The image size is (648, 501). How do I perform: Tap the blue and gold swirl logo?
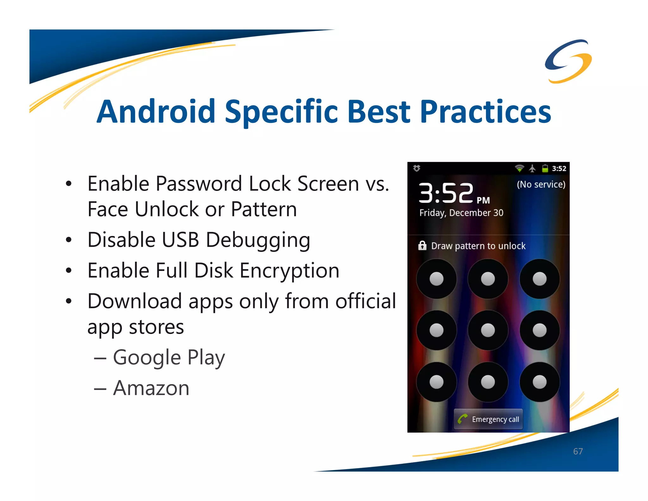568,61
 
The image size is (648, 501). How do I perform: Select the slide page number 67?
578,451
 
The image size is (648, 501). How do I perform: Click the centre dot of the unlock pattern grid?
488,330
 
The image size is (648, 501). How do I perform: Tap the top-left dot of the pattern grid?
436,279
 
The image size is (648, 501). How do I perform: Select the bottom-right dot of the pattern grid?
539,382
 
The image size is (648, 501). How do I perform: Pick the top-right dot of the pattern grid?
539,279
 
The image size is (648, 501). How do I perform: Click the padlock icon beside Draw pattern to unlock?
422,246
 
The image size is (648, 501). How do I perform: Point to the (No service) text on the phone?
541,184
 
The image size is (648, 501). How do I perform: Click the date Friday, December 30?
461,213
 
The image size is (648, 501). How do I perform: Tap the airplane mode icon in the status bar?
533,168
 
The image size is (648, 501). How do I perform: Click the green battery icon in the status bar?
545,168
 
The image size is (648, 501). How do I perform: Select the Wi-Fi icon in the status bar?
519,168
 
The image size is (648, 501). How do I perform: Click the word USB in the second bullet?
180,240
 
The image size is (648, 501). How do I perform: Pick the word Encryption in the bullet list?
289,271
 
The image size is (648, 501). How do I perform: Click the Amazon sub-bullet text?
151,388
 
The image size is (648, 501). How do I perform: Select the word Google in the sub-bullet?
147,358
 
